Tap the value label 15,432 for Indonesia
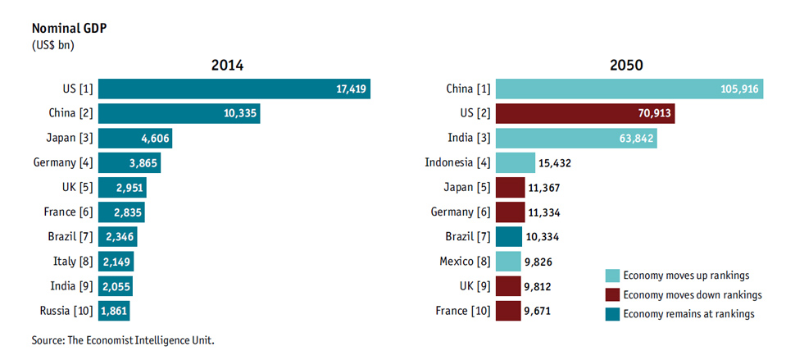coord(555,163)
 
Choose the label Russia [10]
coord(66,311)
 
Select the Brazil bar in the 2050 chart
coord(508,237)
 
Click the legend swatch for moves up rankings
coord(611,275)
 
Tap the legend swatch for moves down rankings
coord(611,294)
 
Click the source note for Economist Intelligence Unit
coord(123,339)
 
